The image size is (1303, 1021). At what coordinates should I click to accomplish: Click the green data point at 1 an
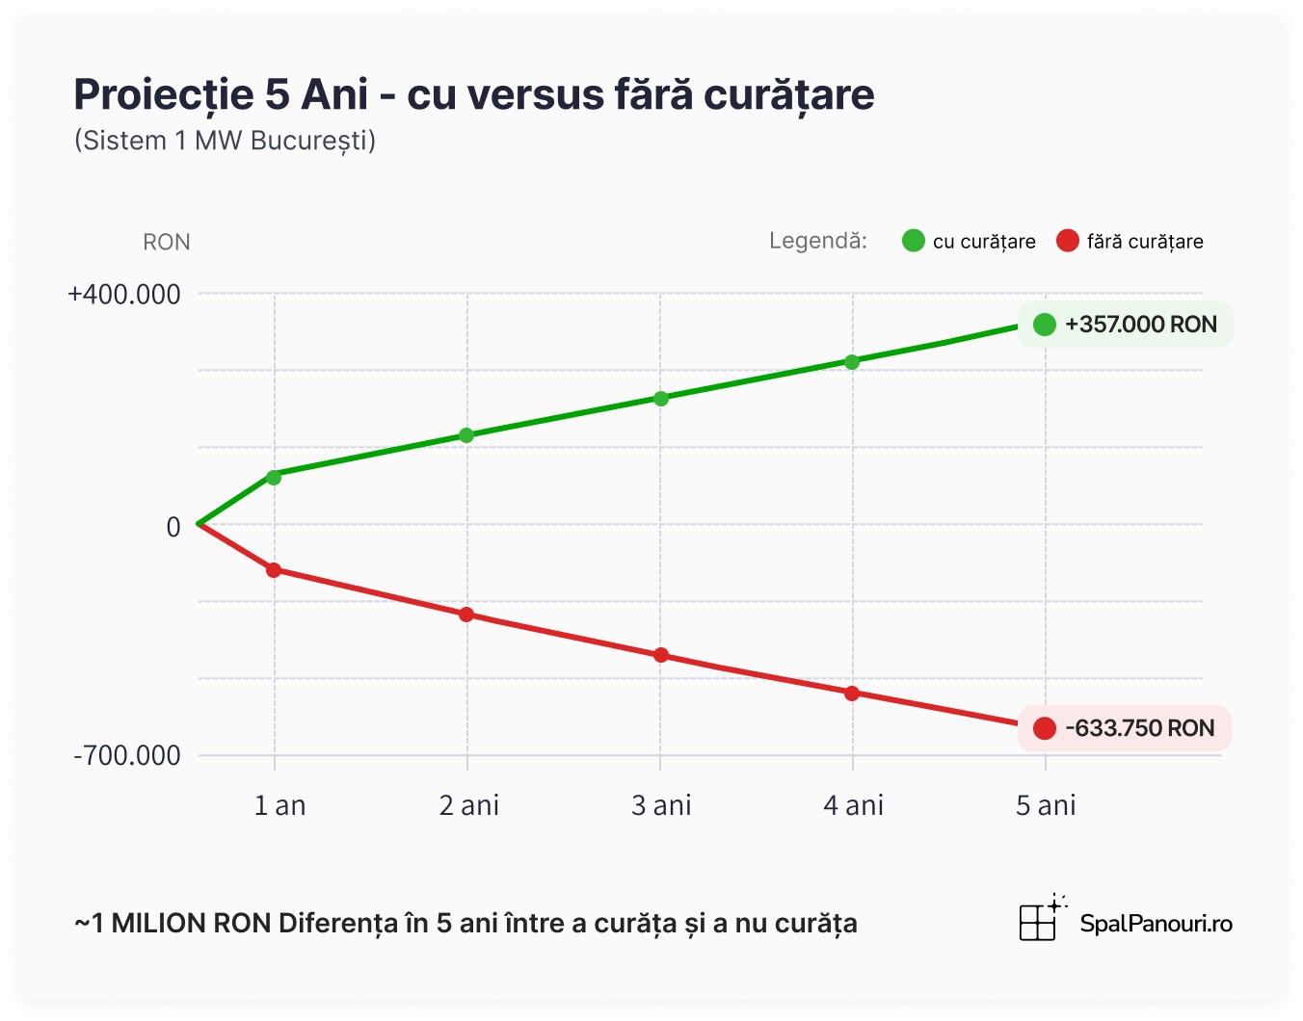(x=274, y=477)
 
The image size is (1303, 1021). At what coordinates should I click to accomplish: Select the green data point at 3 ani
(x=661, y=399)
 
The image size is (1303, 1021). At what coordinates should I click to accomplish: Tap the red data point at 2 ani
(x=466, y=615)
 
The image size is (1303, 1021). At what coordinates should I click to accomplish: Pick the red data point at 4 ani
(x=852, y=694)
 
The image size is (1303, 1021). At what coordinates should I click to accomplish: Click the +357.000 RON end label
(x=1126, y=325)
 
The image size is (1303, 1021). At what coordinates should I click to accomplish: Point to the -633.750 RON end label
(x=1125, y=728)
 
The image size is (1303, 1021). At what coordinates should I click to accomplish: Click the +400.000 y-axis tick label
(x=124, y=295)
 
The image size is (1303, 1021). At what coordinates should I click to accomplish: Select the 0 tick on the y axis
(x=173, y=527)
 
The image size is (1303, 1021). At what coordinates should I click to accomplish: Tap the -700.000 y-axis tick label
(x=127, y=756)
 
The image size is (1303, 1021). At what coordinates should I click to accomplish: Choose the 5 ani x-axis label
(x=1046, y=805)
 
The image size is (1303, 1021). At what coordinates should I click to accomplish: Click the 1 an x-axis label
(x=279, y=805)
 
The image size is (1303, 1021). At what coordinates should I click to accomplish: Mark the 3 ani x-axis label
(x=661, y=805)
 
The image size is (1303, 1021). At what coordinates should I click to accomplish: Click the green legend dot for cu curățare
(x=914, y=241)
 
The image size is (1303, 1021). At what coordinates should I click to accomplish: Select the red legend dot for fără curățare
(x=1068, y=241)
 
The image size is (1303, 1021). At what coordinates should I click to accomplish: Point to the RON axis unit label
(x=167, y=242)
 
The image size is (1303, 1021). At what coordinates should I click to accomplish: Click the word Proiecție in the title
(x=163, y=95)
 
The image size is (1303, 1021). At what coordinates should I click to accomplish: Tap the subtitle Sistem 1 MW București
(x=225, y=141)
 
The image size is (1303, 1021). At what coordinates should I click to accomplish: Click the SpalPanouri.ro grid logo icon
(x=1039, y=921)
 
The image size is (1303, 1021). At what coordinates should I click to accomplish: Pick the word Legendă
(x=818, y=241)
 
